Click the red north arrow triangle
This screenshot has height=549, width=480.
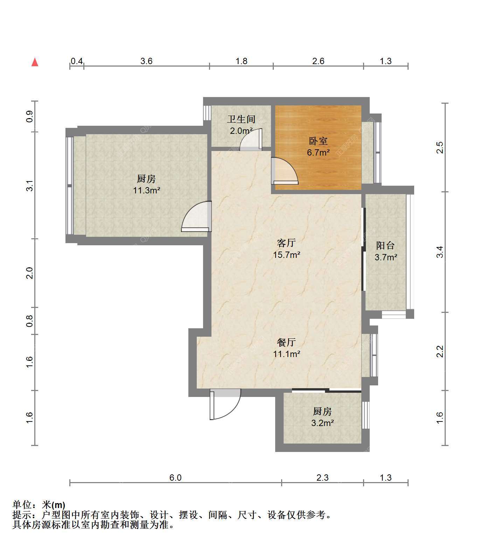pyautogui.click(x=35, y=62)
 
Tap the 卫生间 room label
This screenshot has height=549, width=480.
pyautogui.click(x=241, y=119)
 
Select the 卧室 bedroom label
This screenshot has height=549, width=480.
pyautogui.click(x=318, y=141)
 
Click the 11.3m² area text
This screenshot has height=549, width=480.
pyautogui.click(x=146, y=191)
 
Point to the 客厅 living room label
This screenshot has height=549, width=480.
pyautogui.click(x=286, y=243)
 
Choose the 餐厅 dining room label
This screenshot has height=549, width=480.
pyautogui.click(x=286, y=342)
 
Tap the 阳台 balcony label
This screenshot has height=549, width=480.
pyautogui.click(x=385, y=245)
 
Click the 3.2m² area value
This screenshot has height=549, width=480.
pyautogui.click(x=322, y=423)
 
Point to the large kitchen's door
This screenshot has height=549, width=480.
pyautogui.click(x=196, y=216)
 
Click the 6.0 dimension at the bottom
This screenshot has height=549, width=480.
pyautogui.click(x=175, y=478)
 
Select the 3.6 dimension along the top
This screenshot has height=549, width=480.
pyautogui.click(x=146, y=61)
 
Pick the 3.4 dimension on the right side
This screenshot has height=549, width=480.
pyautogui.click(x=440, y=252)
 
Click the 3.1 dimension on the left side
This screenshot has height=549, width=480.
pyautogui.click(x=30, y=186)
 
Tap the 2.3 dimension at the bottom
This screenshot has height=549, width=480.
pyautogui.click(x=322, y=478)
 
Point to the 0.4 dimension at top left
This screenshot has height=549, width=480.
pyautogui.click(x=77, y=61)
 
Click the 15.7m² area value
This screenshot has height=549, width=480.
pyautogui.click(x=286, y=255)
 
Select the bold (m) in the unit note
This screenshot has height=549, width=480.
pyautogui.click(x=58, y=505)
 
